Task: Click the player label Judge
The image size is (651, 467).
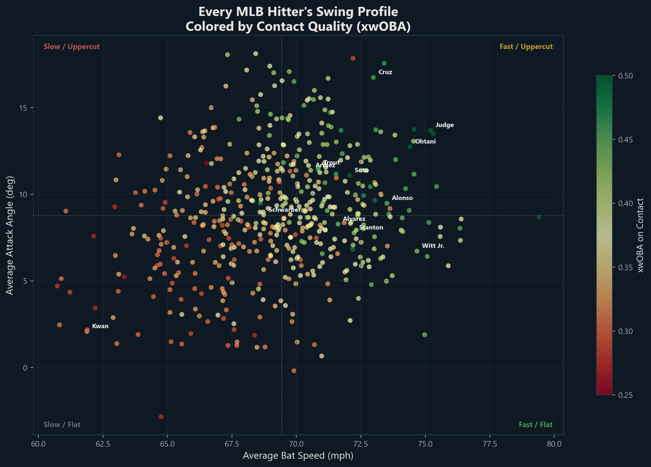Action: (444, 125)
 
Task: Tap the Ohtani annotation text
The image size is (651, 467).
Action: (425, 141)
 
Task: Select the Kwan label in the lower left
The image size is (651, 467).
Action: (100, 326)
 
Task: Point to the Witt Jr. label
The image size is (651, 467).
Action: (433, 246)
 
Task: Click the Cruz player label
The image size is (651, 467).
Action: (385, 72)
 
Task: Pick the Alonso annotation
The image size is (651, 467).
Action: (402, 198)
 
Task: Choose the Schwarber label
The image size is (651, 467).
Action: (284, 210)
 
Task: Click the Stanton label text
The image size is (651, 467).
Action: (371, 227)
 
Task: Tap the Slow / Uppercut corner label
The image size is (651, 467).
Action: (72, 47)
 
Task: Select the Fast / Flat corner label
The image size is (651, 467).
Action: (535, 425)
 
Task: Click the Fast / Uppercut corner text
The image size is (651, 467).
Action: (526, 47)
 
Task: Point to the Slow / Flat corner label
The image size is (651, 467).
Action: (62, 425)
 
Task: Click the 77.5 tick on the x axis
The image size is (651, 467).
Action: (490, 444)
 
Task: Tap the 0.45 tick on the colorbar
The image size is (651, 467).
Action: (625, 139)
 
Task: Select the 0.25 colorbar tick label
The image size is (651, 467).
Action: (625, 395)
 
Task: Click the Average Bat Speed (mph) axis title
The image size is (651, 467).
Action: (298, 455)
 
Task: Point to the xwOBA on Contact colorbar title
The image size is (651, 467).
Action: (640, 235)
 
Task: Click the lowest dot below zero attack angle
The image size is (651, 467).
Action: (161, 417)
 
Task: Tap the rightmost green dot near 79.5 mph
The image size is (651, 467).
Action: (539, 217)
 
